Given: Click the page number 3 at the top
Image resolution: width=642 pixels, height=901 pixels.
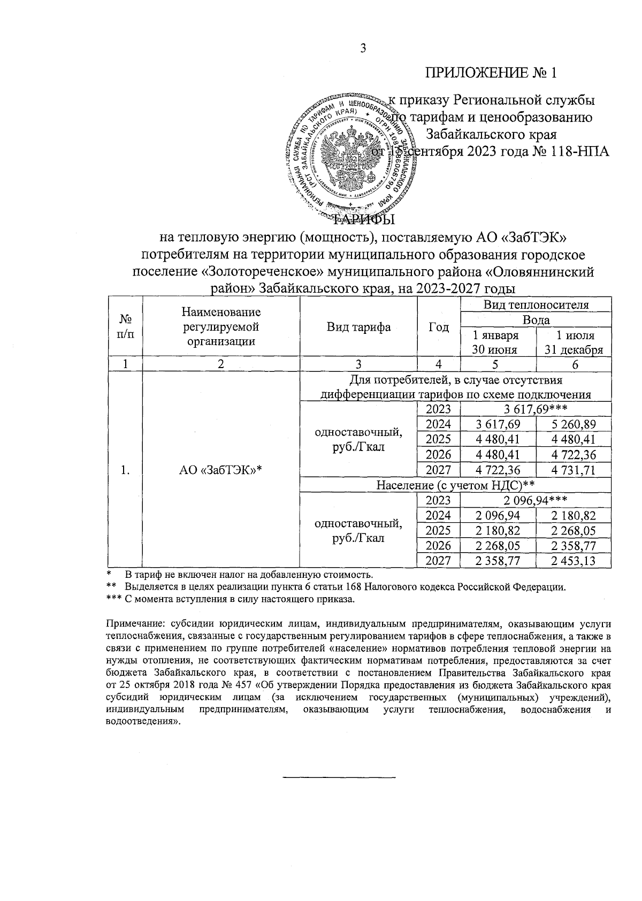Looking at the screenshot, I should click(x=362, y=49).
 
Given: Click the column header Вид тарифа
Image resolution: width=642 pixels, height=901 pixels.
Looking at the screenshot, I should click(x=358, y=327).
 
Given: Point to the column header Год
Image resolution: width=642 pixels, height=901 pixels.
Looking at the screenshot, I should click(x=439, y=327).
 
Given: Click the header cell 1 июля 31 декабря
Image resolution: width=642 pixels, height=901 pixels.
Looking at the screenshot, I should click(x=574, y=342).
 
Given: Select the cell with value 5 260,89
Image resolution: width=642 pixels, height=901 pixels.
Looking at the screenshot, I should click(x=574, y=425).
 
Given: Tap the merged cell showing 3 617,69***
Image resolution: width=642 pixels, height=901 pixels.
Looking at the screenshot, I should click(x=535, y=409).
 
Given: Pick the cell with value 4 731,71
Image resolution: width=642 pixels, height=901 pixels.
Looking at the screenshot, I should click(x=574, y=470).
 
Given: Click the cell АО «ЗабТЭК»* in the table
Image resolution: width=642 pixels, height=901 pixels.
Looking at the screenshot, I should click(x=221, y=470).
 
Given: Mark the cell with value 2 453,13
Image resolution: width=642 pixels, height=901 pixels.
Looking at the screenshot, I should click(x=574, y=561).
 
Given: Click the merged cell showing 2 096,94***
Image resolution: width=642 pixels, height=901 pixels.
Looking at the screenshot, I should click(x=535, y=500).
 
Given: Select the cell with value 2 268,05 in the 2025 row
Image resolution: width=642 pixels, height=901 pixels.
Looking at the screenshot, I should click(x=574, y=531).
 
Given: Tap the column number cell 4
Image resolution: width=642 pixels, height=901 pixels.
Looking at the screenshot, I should click(x=439, y=364).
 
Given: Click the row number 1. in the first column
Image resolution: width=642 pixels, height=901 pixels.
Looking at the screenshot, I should click(x=125, y=470).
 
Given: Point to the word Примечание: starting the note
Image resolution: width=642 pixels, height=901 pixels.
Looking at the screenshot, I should click(x=129, y=624).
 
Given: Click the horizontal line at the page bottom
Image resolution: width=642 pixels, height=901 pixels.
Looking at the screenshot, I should click(x=338, y=776).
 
